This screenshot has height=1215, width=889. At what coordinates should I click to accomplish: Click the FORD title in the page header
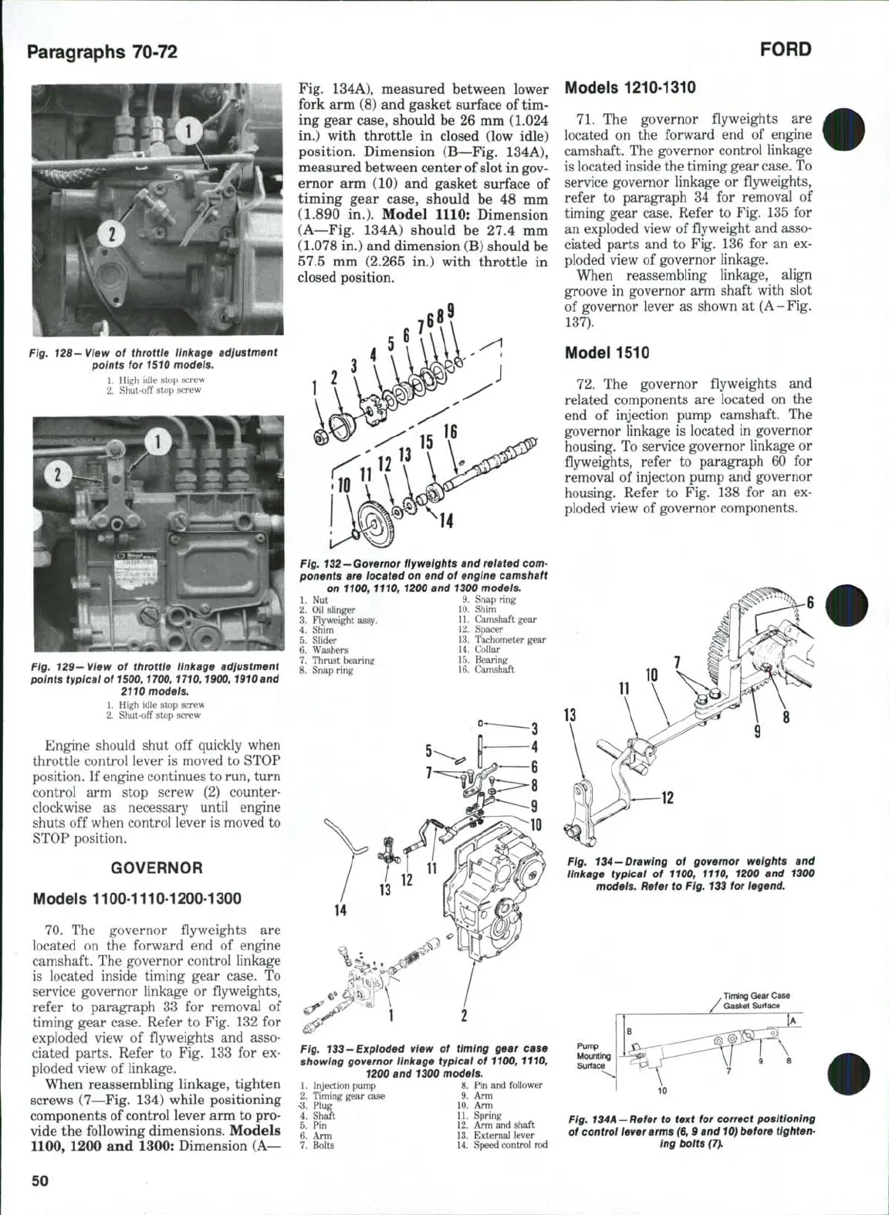pos(785,49)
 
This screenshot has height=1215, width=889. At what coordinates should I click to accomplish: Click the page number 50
pos(39,1179)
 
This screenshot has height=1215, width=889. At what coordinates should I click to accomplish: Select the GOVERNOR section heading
pos(157,868)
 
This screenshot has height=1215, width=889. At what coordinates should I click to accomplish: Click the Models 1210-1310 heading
pos(630,87)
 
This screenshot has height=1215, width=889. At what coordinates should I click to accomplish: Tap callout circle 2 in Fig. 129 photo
pos(55,473)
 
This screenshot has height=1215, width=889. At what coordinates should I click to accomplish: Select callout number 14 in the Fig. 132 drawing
pos(446,521)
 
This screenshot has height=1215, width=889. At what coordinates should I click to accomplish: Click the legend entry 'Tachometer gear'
pos(509,639)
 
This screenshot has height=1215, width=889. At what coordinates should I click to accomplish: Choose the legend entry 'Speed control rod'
pos(510,1145)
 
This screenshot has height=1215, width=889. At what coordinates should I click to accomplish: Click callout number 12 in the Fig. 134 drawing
pos(667,797)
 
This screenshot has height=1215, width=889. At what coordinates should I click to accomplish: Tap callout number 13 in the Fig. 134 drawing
pos(570,714)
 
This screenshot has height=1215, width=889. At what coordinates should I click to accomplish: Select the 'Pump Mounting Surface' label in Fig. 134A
pos(593,1056)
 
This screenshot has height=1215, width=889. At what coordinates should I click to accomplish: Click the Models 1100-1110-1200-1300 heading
pos(137,899)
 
